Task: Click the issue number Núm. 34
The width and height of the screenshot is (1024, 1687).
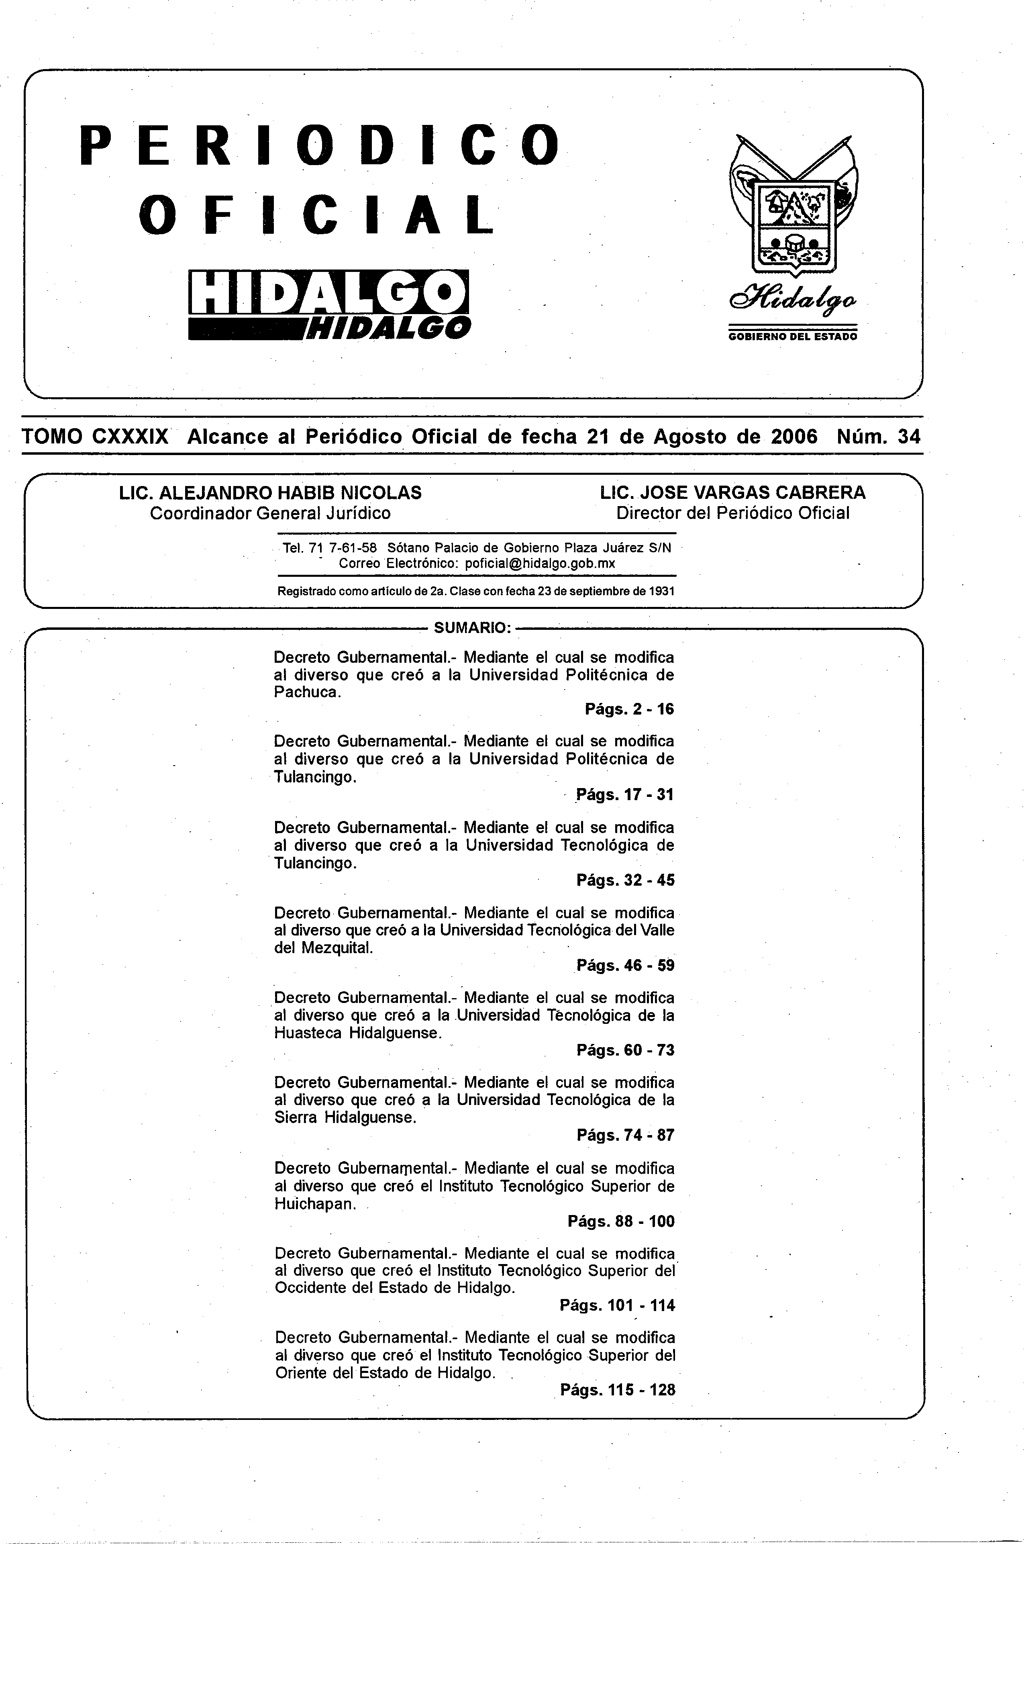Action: [878, 437]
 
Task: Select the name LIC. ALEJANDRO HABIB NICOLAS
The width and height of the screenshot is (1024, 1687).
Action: [270, 492]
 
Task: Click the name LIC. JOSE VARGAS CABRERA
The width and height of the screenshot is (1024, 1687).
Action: [732, 492]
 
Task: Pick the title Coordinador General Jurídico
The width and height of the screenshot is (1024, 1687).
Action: [270, 513]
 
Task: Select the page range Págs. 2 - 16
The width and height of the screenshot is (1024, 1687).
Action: [629, 709]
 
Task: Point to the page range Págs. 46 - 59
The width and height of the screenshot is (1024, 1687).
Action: [625, 965]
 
